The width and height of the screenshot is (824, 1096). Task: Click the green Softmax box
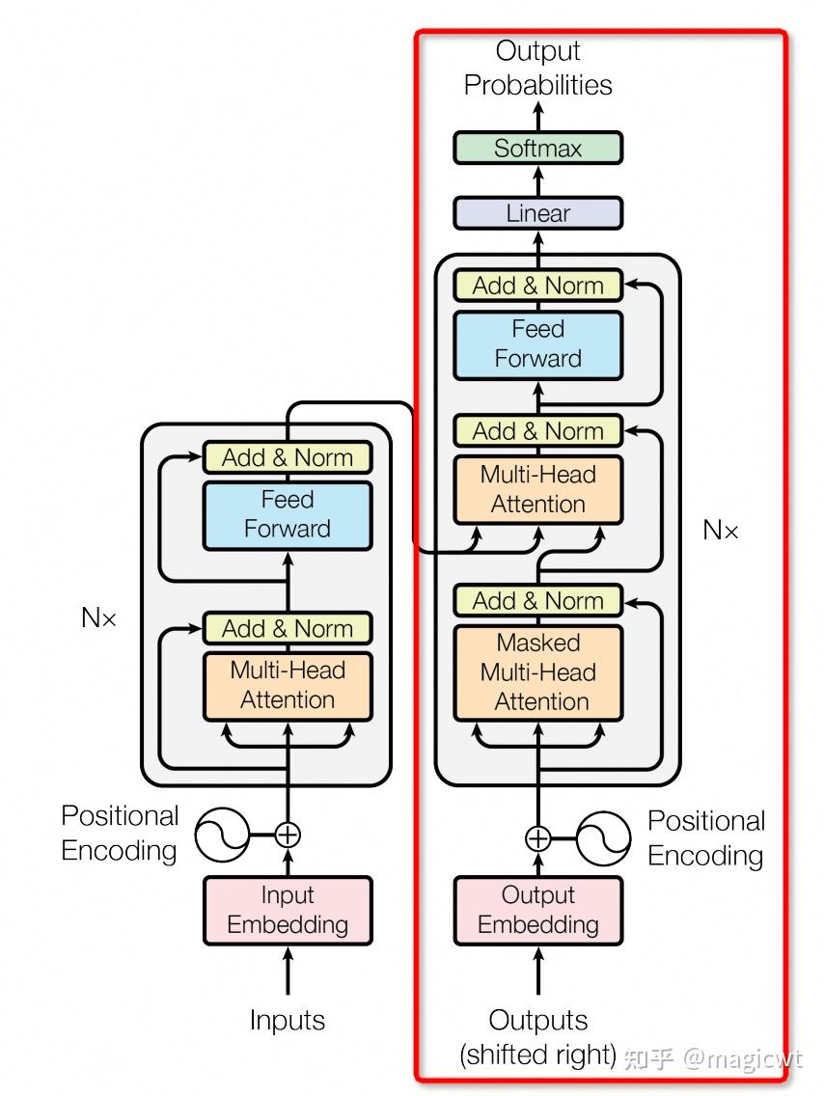537,149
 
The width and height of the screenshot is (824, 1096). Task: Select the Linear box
537,213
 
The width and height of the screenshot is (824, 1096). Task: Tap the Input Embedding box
288,910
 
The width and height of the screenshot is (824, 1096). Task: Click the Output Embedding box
537,910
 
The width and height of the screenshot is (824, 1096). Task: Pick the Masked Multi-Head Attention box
537,672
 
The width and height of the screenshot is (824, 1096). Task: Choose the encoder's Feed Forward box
288,515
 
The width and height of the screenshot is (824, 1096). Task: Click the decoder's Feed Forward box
537,344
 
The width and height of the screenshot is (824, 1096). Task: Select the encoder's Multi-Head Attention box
288,686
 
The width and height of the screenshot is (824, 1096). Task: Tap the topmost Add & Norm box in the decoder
537,287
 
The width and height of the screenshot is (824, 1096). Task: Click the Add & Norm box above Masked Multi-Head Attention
537,601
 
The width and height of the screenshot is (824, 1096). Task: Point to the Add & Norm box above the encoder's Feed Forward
288,457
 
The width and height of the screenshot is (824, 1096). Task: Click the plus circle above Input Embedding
288,835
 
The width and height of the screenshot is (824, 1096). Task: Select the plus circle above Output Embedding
537,838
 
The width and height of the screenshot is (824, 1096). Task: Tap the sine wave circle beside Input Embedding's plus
222,835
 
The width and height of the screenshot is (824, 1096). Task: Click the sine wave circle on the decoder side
604,838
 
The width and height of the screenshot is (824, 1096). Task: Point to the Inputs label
288,1021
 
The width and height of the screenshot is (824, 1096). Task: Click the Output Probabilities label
537,68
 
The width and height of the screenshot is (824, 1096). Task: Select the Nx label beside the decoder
721,530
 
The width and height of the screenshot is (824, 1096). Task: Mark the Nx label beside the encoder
98,618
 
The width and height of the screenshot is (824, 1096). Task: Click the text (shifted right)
537,1055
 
